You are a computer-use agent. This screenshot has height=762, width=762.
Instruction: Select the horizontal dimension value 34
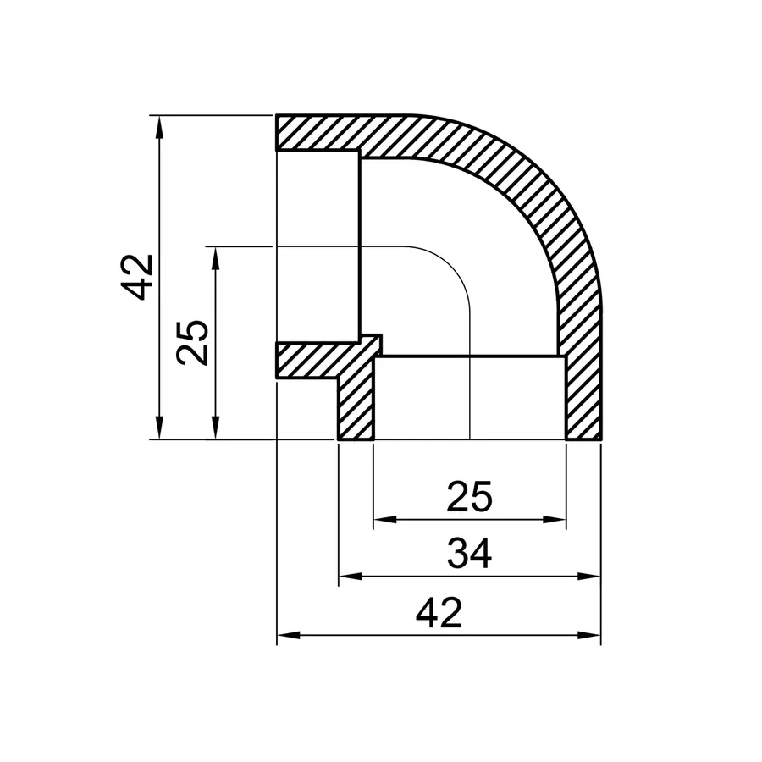pyautogui.click(x=469, y=555)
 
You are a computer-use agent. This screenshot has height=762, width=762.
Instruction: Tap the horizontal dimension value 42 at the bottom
pyautogui.click(x=439, y=612)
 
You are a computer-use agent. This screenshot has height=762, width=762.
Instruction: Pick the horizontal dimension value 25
pyautogui.click(x=469, y=498)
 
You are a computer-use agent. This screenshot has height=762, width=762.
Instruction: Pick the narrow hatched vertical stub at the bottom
pyautogui.click(x=356, y=406)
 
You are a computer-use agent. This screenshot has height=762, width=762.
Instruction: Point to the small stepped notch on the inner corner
pyautogui.click(x=371, y=343)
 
